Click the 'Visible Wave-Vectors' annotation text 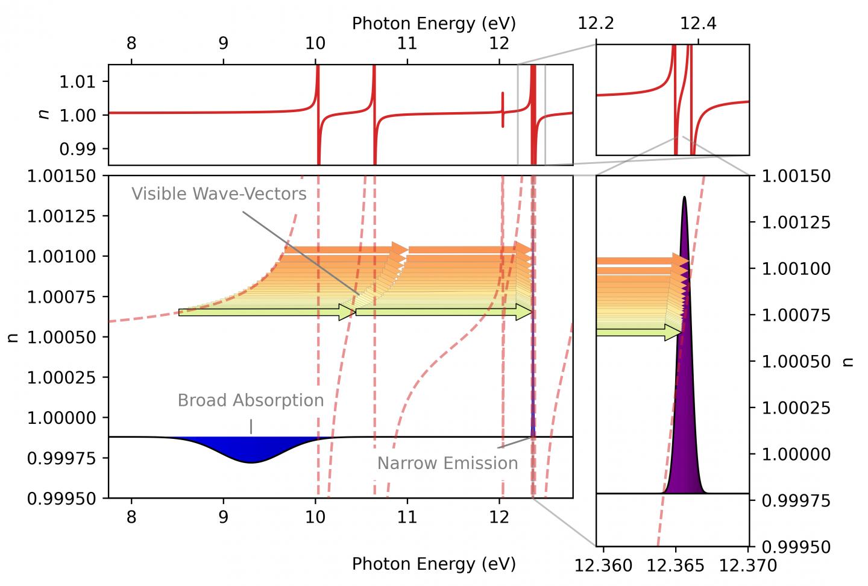(219, 194)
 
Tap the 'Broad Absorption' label (250, 400)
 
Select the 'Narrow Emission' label (447, 463)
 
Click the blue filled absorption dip (251, 449)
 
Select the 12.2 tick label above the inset (596, 24)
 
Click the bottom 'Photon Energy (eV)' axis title (433, 564)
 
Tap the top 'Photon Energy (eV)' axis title (433, 24)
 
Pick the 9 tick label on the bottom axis (223, 517)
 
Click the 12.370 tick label (747, 566)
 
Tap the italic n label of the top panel (43, 115)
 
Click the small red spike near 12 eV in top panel (503, 110)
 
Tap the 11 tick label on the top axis (407, 43)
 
